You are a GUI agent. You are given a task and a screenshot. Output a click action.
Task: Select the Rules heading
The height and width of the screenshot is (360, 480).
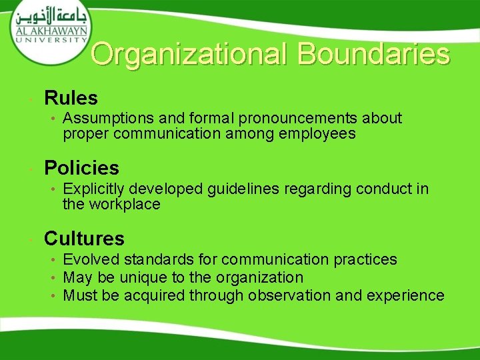tap(71, 99)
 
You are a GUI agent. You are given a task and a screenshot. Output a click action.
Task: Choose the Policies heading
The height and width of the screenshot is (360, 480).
tap(81, 168)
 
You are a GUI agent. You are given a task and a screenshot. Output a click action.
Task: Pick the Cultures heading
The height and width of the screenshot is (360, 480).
tap(84, 238)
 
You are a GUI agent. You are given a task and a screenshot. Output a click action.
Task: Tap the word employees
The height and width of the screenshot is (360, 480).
tap(318, 134)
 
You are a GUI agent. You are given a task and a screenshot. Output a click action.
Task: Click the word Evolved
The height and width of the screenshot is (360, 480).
tap(89, 259)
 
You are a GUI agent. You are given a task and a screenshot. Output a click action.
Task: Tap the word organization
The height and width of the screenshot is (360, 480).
tap(261, 277)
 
